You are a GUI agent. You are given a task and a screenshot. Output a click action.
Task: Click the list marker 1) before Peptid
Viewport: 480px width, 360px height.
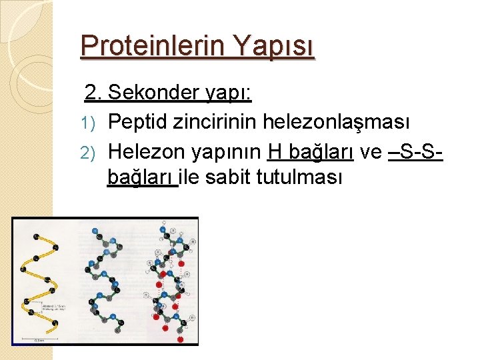pos(92,122)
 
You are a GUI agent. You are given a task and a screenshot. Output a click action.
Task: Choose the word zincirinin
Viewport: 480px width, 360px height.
pos(215,122)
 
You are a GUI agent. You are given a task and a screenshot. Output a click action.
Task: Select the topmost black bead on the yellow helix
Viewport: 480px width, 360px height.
pos(36,235)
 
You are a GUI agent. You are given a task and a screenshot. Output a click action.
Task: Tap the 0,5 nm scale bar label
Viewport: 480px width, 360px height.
pos(39,339)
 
